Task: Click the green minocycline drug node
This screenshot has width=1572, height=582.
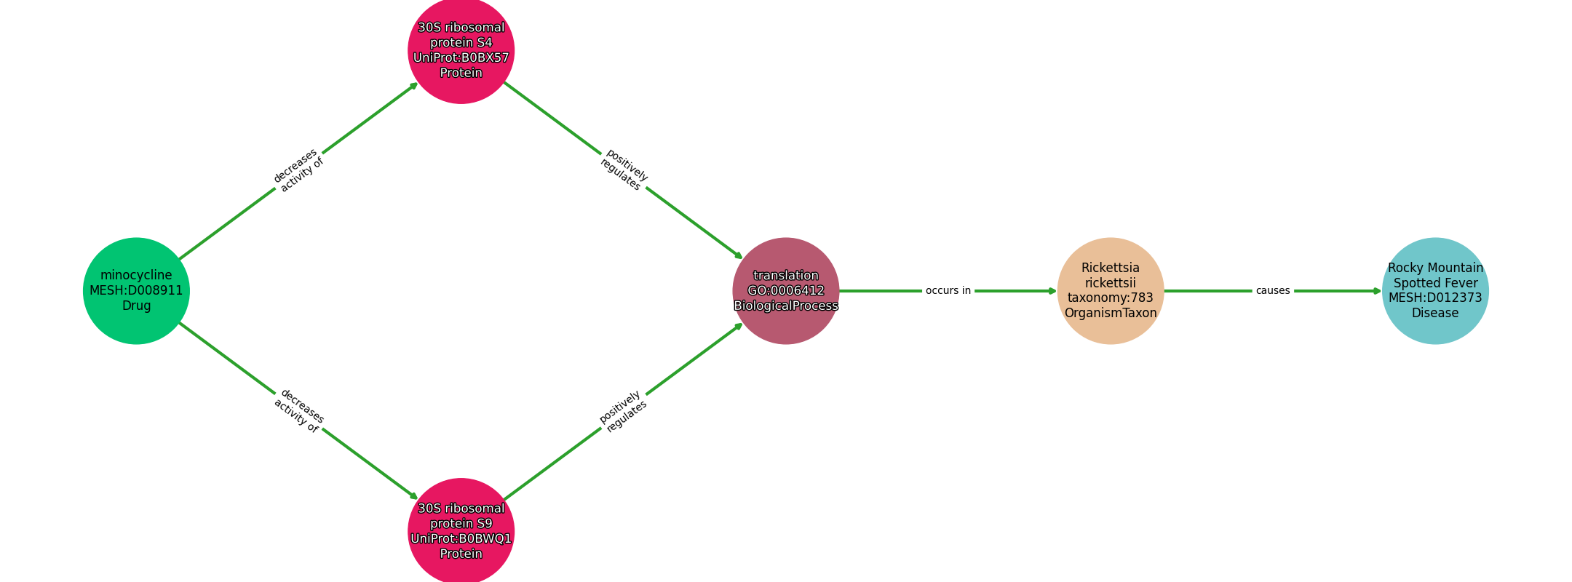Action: (x=136, y=291)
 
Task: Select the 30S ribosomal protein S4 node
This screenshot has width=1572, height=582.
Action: (x=461, y=50)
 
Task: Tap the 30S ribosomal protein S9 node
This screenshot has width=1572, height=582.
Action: (x=461, y=531)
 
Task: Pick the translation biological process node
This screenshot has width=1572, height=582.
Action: (x=786, y=291)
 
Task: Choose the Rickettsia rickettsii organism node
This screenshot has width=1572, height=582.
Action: (x=1111, y=291)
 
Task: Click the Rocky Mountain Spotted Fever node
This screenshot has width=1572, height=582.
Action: (x=1435, y=291)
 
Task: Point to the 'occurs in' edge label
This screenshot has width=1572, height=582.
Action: (x=948, y=291)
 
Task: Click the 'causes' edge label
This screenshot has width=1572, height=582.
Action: (x=1273, y=291)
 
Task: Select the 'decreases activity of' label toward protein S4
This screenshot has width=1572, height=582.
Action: (x=298, y=170)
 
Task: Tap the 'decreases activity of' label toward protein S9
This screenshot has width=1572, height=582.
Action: (x=298, y=412)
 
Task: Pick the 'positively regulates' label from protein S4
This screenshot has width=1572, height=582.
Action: (x=624, y=170)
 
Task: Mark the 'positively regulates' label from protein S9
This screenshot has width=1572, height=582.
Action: (x=624, y=412)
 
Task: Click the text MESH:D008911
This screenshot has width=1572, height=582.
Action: (x=136, y=291)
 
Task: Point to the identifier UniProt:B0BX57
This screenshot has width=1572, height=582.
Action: (x=461, y=58)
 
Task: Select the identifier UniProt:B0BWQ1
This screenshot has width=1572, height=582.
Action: (x=461, y=539)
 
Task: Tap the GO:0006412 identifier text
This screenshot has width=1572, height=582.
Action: (x=786, y=291)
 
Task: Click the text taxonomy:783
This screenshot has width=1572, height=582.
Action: (x=1111, y=298)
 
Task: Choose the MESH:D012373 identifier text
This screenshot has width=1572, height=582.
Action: (x=1435, y=298)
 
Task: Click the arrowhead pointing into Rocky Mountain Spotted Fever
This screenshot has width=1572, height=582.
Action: (x=1377, y=291)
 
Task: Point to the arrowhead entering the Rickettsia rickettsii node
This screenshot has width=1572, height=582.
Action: (x=1052, y=291)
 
